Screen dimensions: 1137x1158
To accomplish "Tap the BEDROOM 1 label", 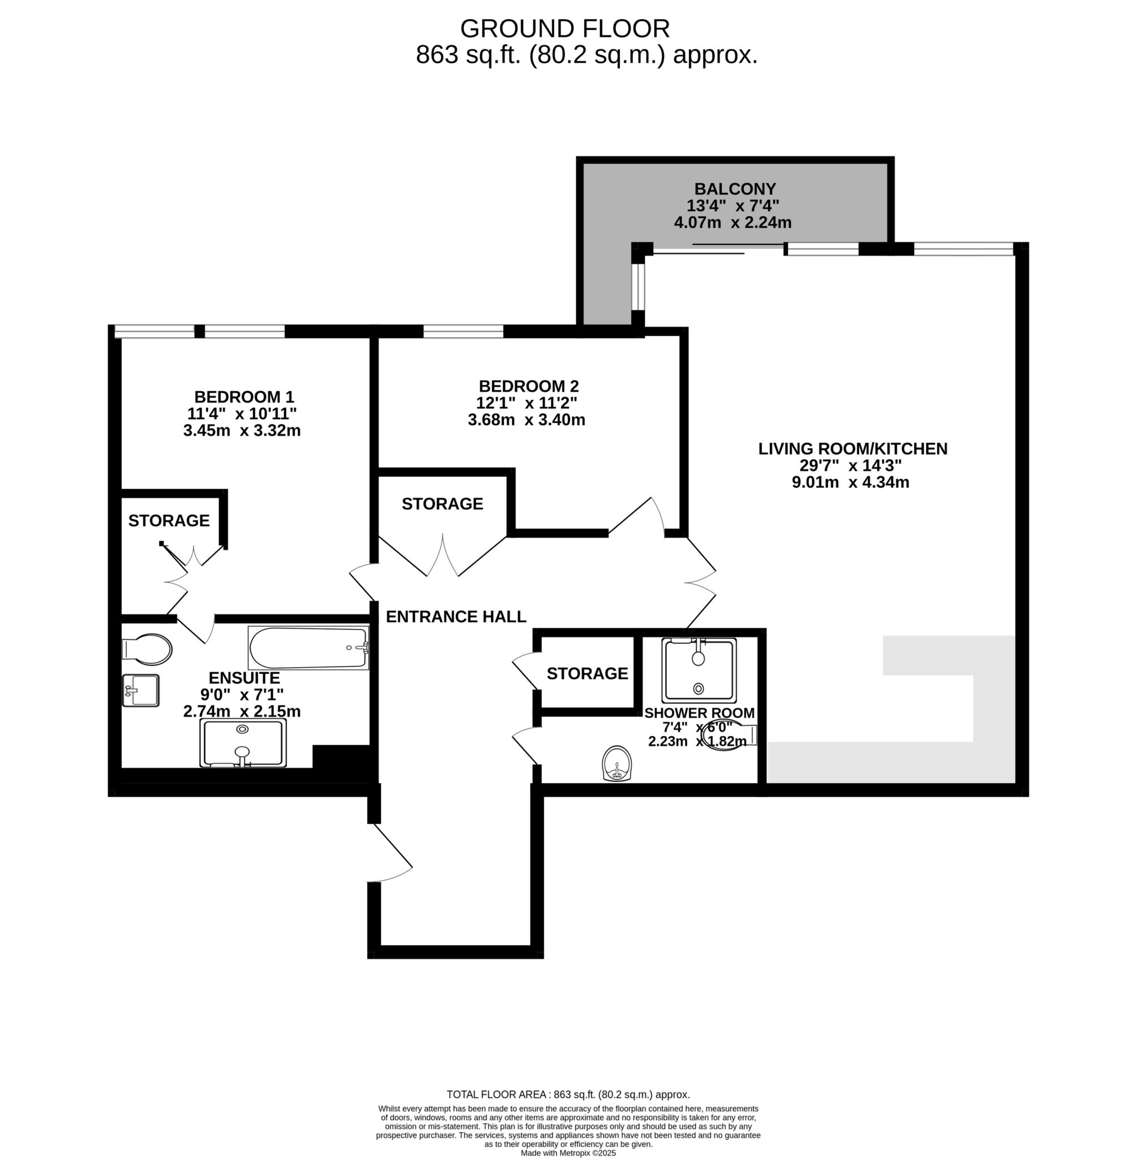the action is click(x=244, y=397).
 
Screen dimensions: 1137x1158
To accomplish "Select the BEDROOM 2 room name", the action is click(x=528, y=386).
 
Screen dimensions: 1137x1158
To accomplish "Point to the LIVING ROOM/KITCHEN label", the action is click(x=853, y=449).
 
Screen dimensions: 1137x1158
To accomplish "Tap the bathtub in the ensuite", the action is click(x=308, y=647).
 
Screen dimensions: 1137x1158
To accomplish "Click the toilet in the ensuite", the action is click(x=147, y=650).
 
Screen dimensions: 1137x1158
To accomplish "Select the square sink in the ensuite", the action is click(x=141, y=690).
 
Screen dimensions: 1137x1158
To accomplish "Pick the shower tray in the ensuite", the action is click(x=243, y=742).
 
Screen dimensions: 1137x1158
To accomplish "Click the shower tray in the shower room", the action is click(x=699, y=671).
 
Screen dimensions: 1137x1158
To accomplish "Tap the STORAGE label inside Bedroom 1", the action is click(x=169, y=521).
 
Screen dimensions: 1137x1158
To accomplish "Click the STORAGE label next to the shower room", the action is click(x=587, y=673).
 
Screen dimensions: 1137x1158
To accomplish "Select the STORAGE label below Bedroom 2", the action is click(x=442, y=504).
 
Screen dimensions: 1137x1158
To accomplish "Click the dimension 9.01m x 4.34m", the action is click(x=850, y=482).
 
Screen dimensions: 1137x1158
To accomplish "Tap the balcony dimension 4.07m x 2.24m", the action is click(x=733, y=223).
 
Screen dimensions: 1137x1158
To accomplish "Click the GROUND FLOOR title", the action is click(x=565, y=29).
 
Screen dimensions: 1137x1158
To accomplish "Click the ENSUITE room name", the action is click(x=244, y=678).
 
